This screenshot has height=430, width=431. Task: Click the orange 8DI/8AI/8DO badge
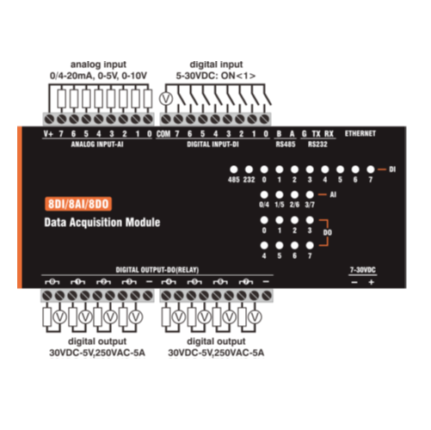78,204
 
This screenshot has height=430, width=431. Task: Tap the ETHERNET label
360,133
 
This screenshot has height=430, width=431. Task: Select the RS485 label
286,144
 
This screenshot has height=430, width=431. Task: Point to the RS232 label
317,144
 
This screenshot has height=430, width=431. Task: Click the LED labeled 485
234,169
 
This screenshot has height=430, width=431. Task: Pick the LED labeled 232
249,169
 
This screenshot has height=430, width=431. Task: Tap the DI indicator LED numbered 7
371,169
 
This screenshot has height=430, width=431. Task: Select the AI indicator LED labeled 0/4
264,195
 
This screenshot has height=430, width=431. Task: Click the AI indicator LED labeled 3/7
310,195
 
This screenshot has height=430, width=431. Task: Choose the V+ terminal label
48,134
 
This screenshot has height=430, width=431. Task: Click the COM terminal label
163,134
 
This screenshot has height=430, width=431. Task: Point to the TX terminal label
316,134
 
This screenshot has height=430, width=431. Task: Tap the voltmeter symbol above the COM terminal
166,99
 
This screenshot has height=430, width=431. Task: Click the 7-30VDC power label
363,270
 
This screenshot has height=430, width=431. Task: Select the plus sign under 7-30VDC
372,282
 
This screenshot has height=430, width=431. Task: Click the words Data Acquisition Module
102,223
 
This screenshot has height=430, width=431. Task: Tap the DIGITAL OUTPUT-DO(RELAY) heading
157,270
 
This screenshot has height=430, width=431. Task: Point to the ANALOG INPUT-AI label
97,144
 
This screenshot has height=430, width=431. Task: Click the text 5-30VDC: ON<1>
216,76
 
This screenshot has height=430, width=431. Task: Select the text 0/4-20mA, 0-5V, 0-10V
98,76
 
